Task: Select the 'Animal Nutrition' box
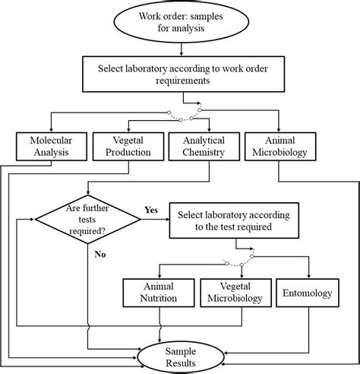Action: pos(158,293)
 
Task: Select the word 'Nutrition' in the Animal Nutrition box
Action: pos(158,299)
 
